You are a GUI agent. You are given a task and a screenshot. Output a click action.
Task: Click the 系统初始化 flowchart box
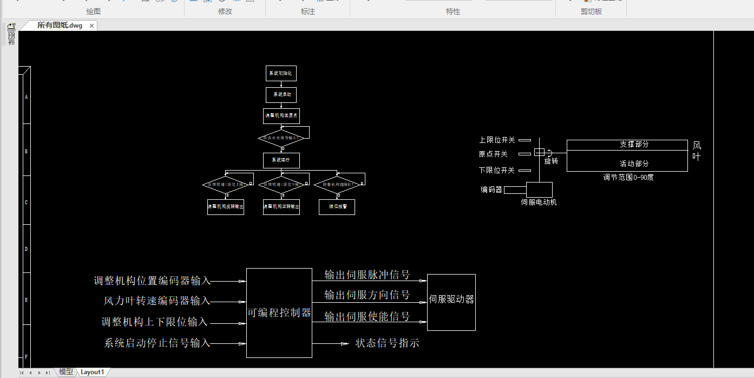pyautogui.click(x=281, y=73)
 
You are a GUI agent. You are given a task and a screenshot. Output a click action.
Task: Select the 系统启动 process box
pyautogui.click(x=281, y=95)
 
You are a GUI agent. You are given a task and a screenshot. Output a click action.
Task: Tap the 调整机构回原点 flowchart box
pyautogui.click(x=281, y=116)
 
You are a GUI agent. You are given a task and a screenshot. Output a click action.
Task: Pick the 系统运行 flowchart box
pyautogui.click(x=281, y=160)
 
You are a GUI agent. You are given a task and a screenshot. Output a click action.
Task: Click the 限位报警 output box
pyautogui.click(x=337, y=207)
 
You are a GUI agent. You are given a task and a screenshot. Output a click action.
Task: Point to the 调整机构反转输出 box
pyautogui.click(x=226, y=207)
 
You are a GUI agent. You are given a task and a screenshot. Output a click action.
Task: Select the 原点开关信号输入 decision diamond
pyautogui.click(x=280, y=138)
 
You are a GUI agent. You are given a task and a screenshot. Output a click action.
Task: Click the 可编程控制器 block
pyautogui.click(x=279, y=312)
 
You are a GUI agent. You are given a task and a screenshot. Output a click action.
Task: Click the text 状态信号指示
pyautogui.click(x=387, y=343)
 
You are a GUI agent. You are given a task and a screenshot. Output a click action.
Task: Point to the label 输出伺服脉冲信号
pyautogui.click(x=366, y=275)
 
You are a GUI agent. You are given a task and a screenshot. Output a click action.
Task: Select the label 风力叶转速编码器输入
pyautogui.click(x=156, y=301)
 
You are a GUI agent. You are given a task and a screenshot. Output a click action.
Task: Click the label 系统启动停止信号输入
pyautogui.click(x=156, y=343)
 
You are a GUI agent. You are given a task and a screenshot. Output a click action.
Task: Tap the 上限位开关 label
pyautogui.click(x=496, y=140)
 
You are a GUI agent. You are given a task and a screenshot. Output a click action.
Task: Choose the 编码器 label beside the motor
pyautogui.click(x=491, y=190)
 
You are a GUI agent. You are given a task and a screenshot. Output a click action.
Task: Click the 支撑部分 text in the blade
pyautogui.click(x=634, y=145)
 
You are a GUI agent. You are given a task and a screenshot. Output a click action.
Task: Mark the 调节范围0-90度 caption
pyautogui.click(x=628, y=177)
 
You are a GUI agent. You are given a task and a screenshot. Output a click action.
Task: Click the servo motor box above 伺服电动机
pyautogui.click(x=539, y=190)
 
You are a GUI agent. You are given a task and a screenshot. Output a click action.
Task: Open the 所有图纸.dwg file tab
pyautogui.click(x=60, y=25)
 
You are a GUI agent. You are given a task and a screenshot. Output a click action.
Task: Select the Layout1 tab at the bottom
pyautogui.click(x=92, y=372)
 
